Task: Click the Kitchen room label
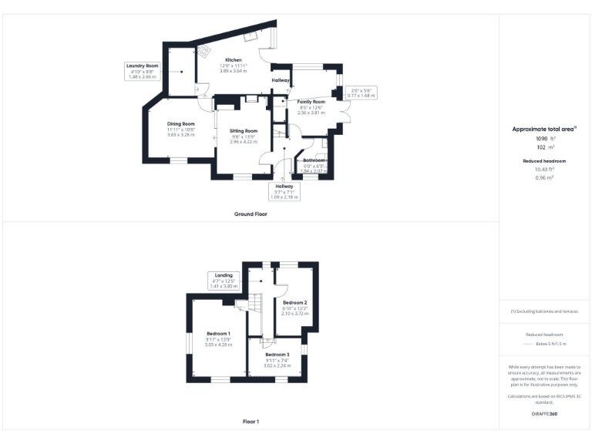click(234, 60)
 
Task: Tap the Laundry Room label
click(142, 66)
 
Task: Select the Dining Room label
click(181, 124)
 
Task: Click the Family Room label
click(311, 102)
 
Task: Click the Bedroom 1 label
click(218, 333)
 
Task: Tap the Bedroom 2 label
click(294, 303)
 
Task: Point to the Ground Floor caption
click(251, 214)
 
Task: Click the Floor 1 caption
click(251, 422)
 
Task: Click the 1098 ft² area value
click(543, 138)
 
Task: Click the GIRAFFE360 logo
click(543, 415)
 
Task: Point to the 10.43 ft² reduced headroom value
click(543, 169)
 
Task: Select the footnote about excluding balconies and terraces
click(543, 311)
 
